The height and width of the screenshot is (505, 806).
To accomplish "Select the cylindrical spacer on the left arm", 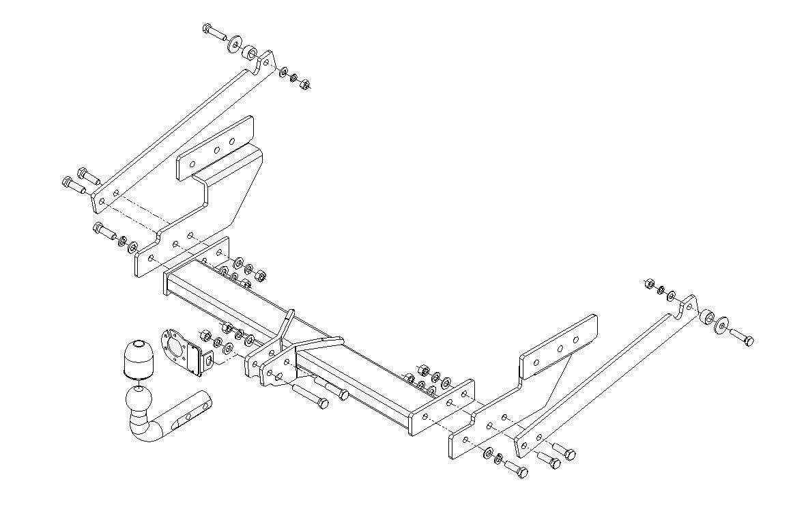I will point(251,53).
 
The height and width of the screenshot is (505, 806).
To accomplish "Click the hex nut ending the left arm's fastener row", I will point(305,85).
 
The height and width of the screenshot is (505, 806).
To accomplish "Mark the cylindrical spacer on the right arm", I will point(707,317).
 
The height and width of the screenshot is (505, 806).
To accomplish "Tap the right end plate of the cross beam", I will point(443,405).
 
